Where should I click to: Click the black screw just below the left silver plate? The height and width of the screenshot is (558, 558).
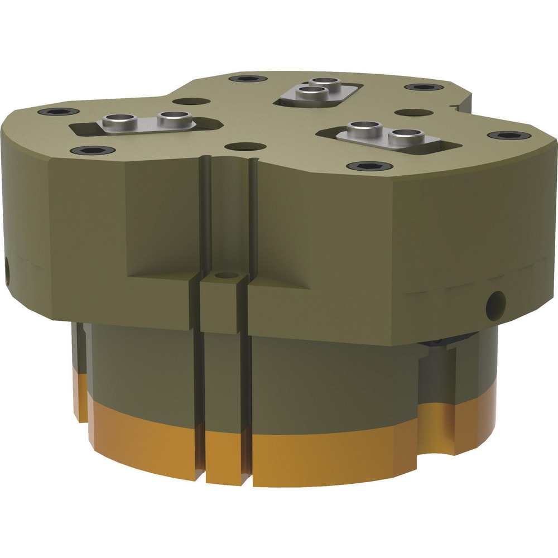click(93, 150)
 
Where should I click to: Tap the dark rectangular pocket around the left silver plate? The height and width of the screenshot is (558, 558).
click(84, 129)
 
